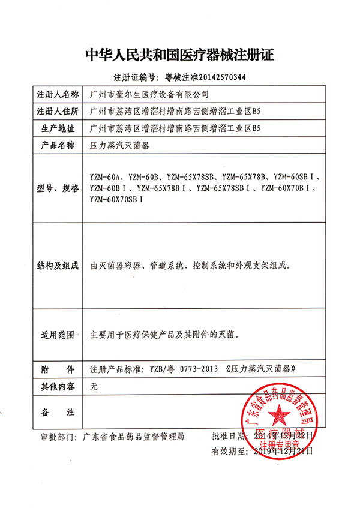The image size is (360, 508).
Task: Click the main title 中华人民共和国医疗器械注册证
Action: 179,56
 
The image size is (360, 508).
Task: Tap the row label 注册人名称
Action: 58,95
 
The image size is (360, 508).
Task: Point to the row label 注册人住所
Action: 58,112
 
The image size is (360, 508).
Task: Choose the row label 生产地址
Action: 58,128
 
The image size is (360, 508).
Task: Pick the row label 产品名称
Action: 58,145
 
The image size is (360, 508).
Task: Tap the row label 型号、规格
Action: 58,188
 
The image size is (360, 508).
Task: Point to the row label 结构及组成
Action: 58,265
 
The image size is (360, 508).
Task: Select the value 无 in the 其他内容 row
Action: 93,387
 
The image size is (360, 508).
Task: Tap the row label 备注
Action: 58,413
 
